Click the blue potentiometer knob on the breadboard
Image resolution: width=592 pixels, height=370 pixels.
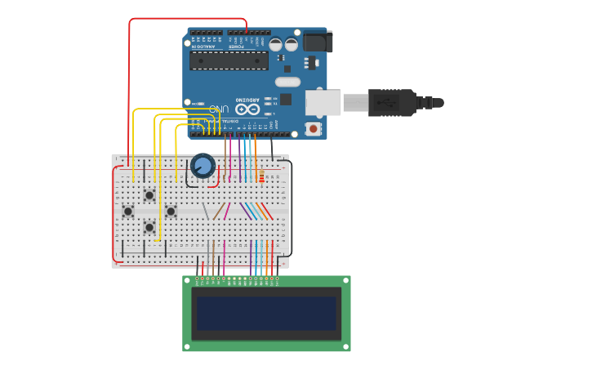tap(203, 166)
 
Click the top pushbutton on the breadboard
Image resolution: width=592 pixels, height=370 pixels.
tap(149, 195)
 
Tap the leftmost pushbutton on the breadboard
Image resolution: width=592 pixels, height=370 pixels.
tap(128, 212)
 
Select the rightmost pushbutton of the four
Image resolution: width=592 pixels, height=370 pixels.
tap(171, 212)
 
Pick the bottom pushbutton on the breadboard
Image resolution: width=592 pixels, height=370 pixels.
tap(149, 227)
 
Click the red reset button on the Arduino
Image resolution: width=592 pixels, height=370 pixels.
tap(313, 128)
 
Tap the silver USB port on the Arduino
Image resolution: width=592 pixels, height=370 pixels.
tap(323, 102)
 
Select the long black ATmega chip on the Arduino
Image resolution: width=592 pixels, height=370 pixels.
tap(229, 60)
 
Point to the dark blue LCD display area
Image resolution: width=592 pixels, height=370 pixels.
tap(266, 313)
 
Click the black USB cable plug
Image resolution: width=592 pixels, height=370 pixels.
tap(392, 103)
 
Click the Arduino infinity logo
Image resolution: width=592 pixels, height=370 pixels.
tap(247, 109)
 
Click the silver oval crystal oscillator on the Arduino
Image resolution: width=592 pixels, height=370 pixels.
tap(287, 82)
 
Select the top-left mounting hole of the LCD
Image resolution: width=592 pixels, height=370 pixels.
tap(187, 280)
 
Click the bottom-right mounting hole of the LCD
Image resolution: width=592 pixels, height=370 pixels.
tap(346, 347)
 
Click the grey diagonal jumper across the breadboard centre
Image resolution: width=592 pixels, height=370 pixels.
tap(206, 212)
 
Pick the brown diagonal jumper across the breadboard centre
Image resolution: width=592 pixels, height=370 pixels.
tap(218, 212)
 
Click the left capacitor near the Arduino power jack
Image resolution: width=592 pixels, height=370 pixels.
tap(276, 45)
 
